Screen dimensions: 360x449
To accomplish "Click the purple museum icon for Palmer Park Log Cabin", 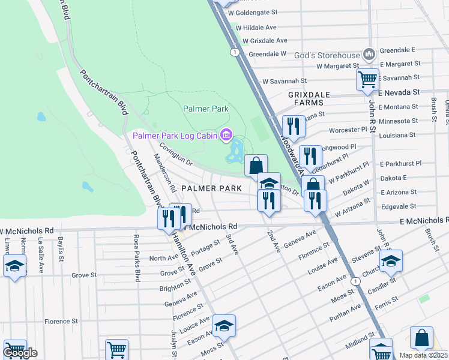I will (x=226, y=136).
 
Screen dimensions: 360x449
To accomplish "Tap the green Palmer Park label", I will (x=206, y=109).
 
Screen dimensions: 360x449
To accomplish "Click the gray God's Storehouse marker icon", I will (x=369, y=54).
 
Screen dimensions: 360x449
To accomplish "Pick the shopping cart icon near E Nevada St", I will (x=367, y=79).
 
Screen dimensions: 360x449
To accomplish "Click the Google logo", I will (x=20, y=353).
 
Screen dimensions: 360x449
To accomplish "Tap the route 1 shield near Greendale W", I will (x=234, y=53).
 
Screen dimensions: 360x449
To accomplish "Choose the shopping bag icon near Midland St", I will (x=421, y=338).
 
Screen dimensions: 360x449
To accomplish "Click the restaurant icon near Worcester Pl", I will (x=293, y=126).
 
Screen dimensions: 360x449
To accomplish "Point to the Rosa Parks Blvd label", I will (x=137, y=259).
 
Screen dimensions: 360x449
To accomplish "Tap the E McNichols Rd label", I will (x=424, y=221).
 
